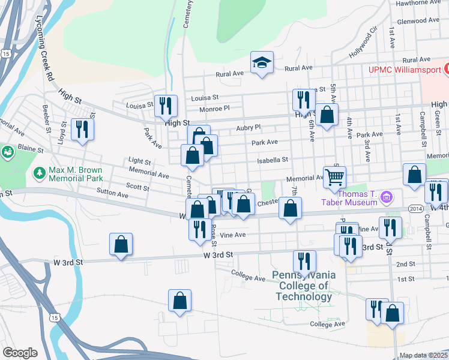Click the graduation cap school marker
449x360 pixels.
[262, 62]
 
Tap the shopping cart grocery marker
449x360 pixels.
[334, 176]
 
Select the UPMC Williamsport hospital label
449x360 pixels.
[405, 70]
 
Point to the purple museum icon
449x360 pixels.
[387, 197]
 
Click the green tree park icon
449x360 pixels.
[40, 173]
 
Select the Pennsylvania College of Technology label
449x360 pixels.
[304, 285]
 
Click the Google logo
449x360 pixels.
[20, 353]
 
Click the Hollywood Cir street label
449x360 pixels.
[364, 42]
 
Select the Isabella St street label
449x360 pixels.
[273, 160]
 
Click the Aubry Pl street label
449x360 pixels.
[249, 127]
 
